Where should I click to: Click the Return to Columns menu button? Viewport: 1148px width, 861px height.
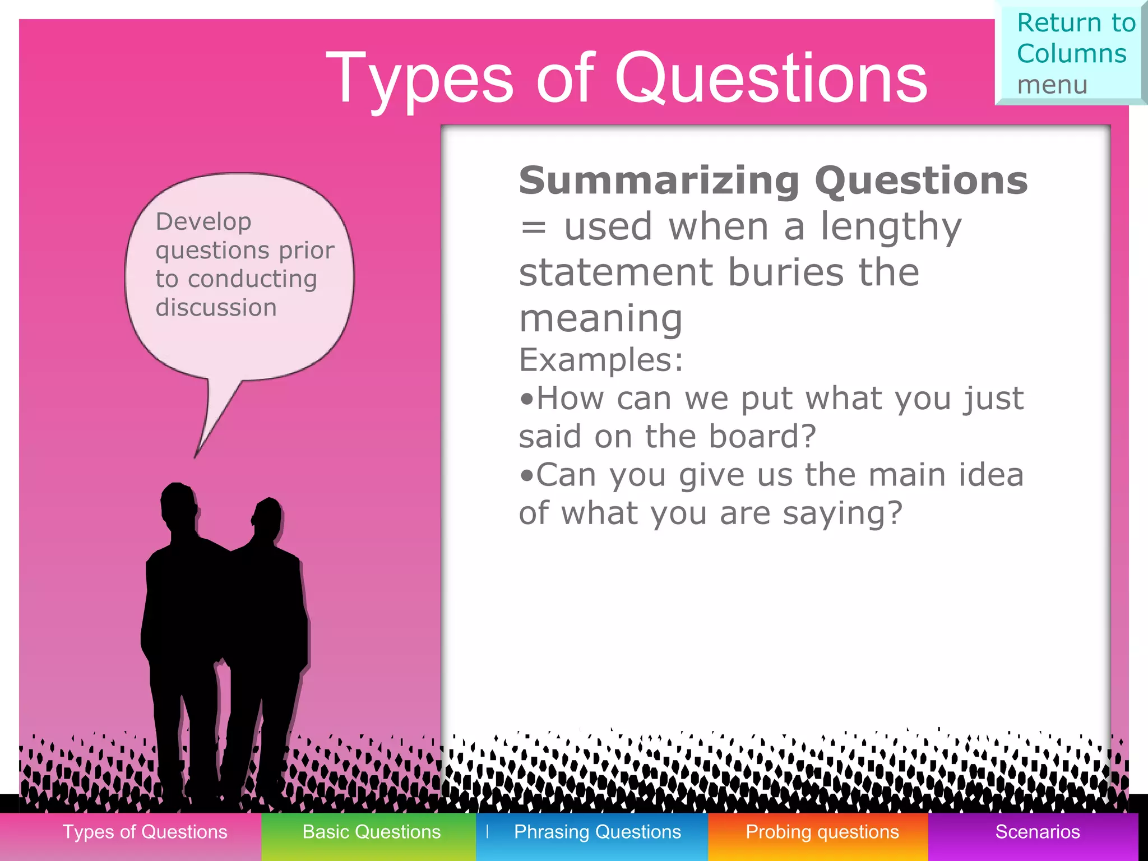[x=1071, y=54]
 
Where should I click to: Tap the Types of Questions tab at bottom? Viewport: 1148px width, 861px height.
[x=145, y=832]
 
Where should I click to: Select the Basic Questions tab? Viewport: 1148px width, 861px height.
[x=371, y=832]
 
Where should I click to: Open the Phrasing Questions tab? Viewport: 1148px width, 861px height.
[x=597, y=832]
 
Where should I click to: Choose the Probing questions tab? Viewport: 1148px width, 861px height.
[x=822, y=832]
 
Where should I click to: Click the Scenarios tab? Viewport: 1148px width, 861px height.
[x=1037, y=832]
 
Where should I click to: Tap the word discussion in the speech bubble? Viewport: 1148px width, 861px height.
[x=216, y=308]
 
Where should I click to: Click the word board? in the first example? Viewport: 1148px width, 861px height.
[x=762, y=437]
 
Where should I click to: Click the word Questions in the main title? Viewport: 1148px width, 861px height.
[x=771, y=78]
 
